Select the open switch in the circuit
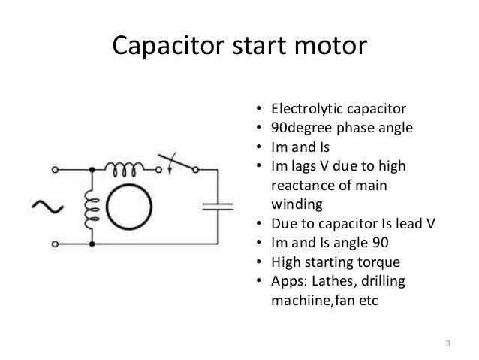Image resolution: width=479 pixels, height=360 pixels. click(x=176, y=165)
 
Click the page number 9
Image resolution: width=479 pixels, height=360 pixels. click(x=447, y=343)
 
